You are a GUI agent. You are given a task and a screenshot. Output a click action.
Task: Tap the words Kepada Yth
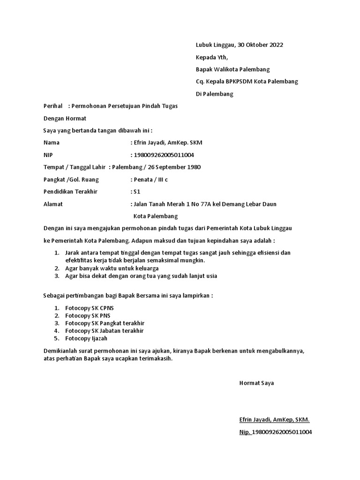211,57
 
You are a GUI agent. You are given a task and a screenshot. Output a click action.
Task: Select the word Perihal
53,106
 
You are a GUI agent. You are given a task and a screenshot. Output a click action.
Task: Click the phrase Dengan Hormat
65,119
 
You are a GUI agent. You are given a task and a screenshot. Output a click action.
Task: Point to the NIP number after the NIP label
164,155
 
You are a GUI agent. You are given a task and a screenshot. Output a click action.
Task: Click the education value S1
137,192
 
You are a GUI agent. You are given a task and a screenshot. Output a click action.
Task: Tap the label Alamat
53,204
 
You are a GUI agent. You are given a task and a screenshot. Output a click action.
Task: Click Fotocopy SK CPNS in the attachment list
90,308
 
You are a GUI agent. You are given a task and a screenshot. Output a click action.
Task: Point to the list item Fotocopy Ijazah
86,338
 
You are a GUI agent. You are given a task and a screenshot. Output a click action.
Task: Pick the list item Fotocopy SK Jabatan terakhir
105,330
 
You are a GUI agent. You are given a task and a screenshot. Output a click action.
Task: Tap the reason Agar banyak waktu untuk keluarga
112,268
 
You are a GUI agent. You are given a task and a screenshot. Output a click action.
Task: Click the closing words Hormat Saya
256,383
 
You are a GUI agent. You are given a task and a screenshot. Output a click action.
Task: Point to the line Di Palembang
214,94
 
